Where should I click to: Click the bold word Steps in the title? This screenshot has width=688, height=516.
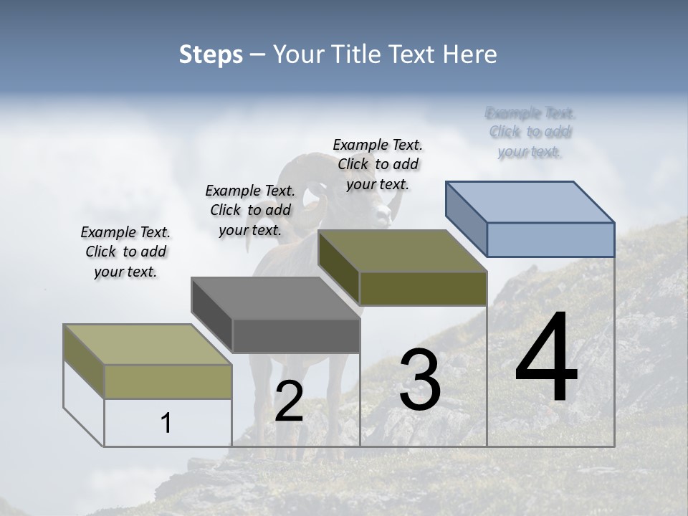[x=211, y=54]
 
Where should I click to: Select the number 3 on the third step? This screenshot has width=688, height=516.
[x=420, y=380]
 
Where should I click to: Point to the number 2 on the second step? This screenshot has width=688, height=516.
[x=289, y=401]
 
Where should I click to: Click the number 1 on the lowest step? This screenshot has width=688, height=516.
[x=166, y=423]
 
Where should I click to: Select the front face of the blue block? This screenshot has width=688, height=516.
[x=550, y=239]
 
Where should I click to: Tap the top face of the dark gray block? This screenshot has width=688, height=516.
[x=275, y=297]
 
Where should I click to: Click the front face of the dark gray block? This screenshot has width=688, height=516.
[x=296, y=336]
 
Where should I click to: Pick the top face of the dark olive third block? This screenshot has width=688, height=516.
[x=401, y=250]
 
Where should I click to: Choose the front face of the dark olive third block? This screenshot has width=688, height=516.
[x=423, y=288]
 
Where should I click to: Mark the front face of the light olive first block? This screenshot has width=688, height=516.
[x=168, y=381]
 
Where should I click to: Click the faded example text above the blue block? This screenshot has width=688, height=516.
[x=530, y=132]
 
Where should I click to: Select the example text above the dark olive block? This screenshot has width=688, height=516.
[x=378, y=164]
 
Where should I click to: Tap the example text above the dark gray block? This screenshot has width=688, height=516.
[x=250, y=210]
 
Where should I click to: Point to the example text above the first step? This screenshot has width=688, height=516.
[x=125, y=252]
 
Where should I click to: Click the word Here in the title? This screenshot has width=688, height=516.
[x=472, y=54]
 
